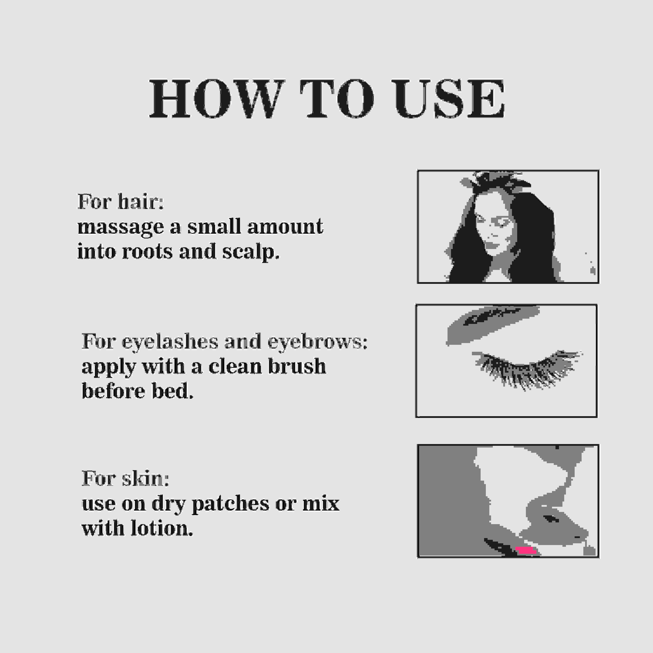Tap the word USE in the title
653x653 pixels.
coord(449,98)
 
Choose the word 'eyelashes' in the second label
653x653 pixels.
coord(170,342)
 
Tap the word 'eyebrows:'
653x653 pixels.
coord(317,342)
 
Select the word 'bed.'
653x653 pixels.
coord(172,391)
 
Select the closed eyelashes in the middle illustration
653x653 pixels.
coord(527,369)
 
